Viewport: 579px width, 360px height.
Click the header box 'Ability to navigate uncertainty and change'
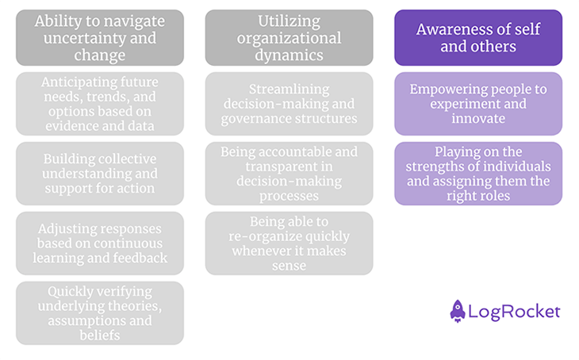click(x=99, y=37)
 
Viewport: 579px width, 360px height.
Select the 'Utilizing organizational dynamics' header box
click(x=289, y=37)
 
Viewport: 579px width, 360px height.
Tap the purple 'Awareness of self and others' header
click(x=477, y=37)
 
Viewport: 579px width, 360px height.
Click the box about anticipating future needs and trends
click(x=99, y=104)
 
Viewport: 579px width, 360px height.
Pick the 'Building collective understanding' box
click(x=99, y=174)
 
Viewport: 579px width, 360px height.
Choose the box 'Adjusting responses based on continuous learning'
click(x=99, y=243)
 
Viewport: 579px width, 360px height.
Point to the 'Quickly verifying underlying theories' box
click(x=99, y=313)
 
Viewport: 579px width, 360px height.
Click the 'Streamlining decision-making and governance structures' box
click(x=289, y=104)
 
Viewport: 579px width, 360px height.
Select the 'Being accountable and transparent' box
click(x=289, y=174)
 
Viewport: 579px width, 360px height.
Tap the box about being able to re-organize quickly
click(x=289, y=243)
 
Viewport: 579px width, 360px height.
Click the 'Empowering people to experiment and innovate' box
click(x=477, y=104)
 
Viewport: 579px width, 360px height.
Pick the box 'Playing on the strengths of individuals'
click(x=477, y=174)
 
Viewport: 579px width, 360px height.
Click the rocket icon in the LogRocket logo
click(x=458, y=311)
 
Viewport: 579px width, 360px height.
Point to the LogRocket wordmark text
click(x=515, y=312)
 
